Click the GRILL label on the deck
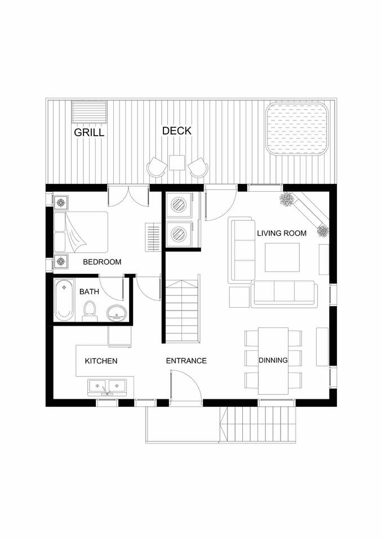click(x=89, y=132)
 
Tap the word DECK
click(x=177, y=131)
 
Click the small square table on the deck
click(x=177, y=163)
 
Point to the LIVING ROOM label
click(x=282, y=233)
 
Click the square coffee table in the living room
click(x=282, y=257)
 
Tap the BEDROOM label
click(x=102, y=262)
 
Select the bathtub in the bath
click(x=64, y=299)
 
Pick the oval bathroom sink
click(x=117, y=313)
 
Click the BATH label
click(x=89, y=292)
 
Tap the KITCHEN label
click(x=101, y=361)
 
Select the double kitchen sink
click(x=107, y=387)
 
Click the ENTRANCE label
click(x=186, y=361)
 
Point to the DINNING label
click(x=273, y=360)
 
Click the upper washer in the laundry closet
click(x=179, y=205)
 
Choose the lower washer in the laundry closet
click(x=179, y=234)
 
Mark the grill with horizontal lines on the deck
click(x=90, y=112)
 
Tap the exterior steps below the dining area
click(x=257, y=424)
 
